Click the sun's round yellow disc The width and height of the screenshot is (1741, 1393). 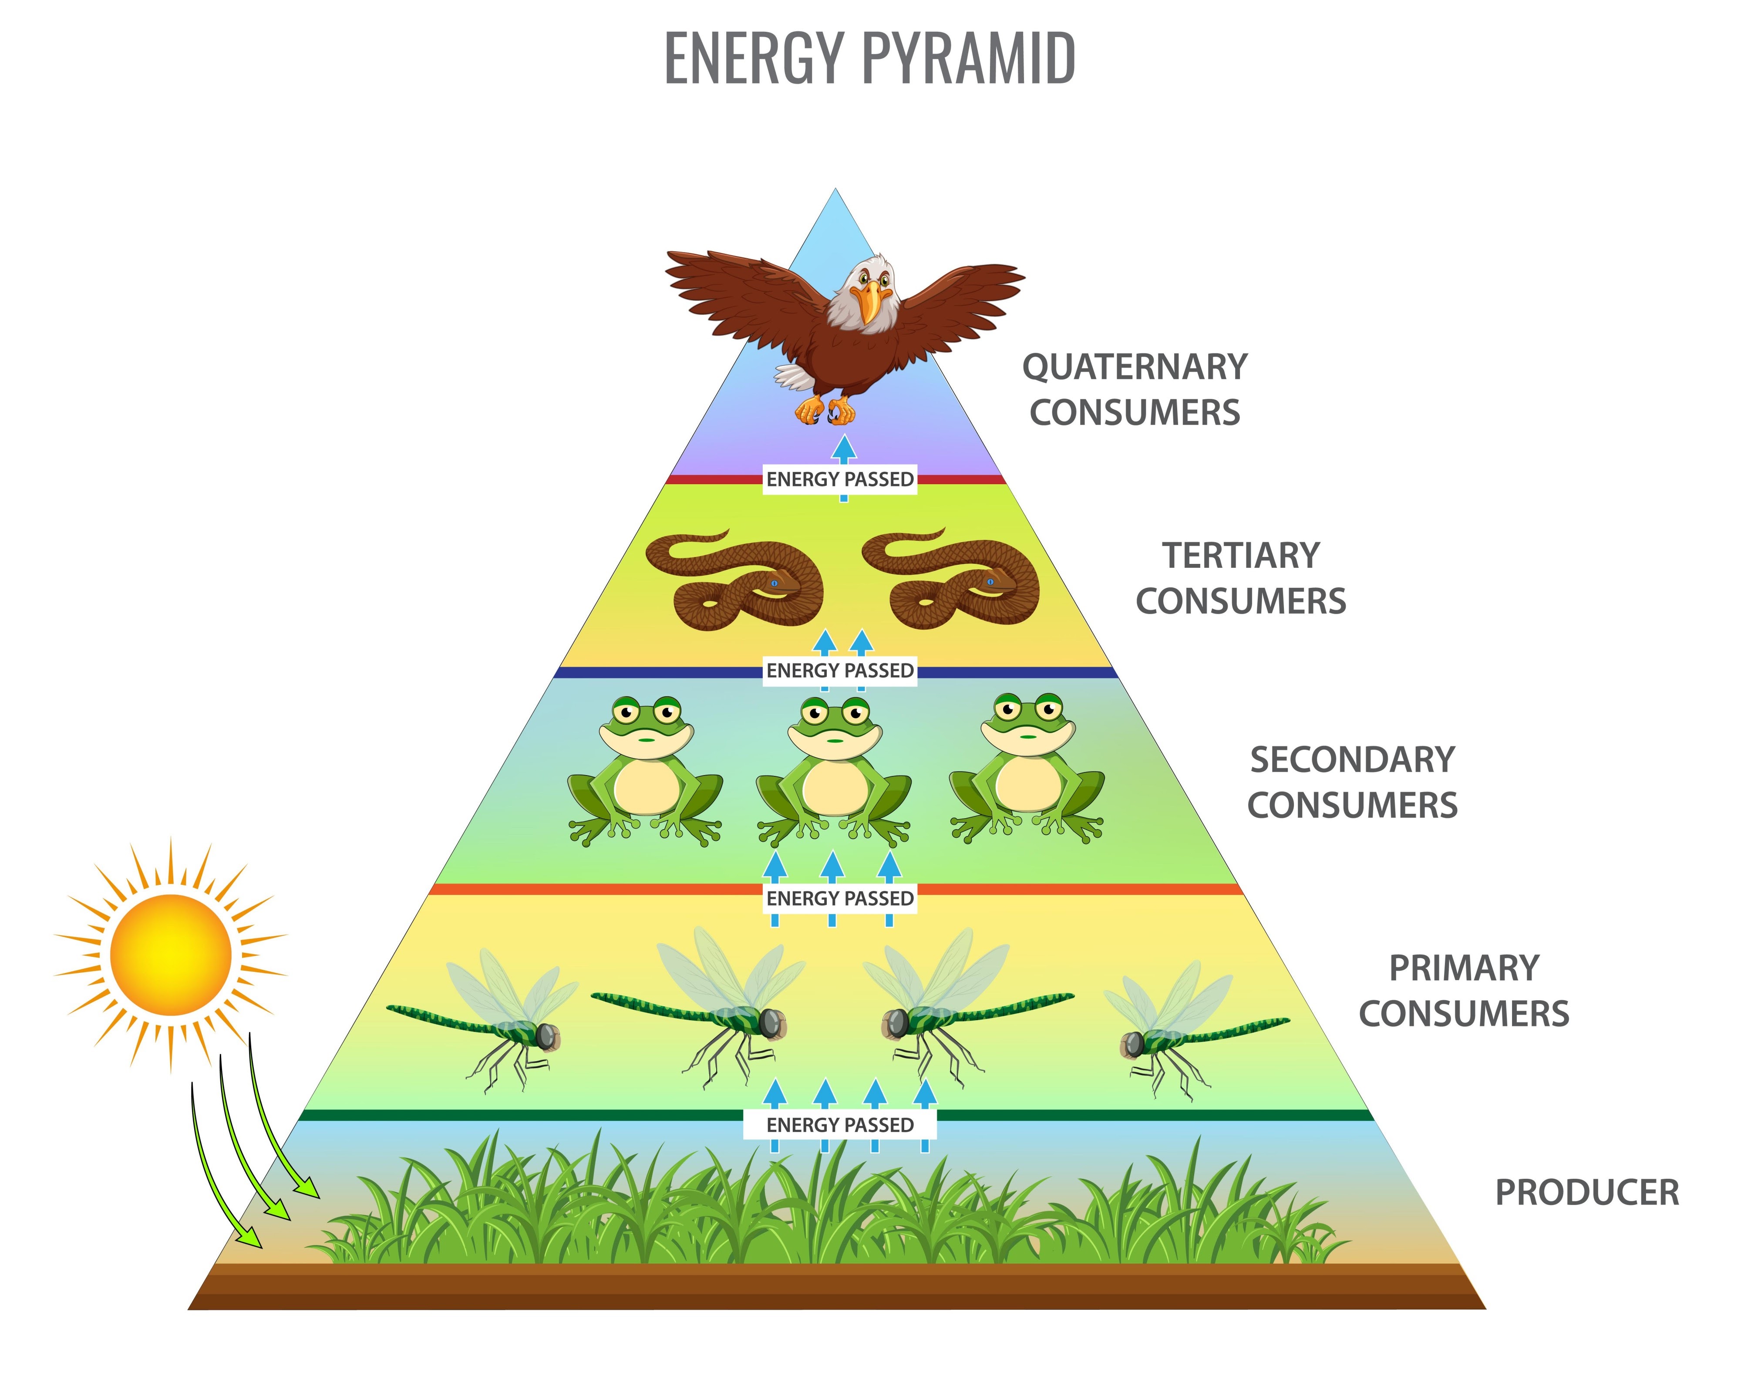pos(171,955)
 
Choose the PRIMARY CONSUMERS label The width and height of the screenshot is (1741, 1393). pos(1463,990)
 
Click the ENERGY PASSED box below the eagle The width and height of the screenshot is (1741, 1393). pos(840,479)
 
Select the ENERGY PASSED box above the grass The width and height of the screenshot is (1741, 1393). pos(840,1125)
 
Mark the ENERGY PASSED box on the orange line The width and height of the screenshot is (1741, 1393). pos(840,898)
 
